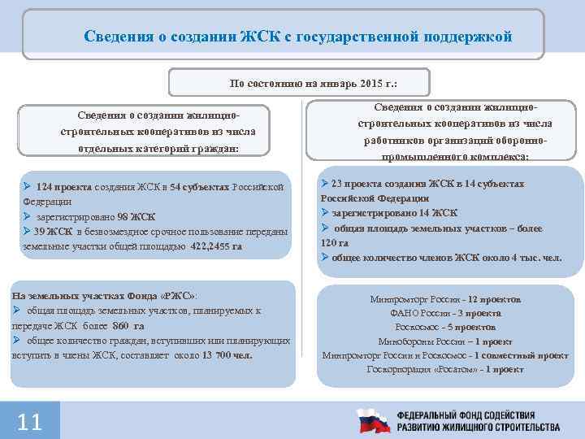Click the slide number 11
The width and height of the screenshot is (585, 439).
[x=29, y=421]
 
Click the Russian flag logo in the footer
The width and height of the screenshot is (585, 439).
[x=375, y=420]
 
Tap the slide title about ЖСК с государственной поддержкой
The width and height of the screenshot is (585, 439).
[x=299, y=37]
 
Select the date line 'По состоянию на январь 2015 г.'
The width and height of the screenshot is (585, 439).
[x=298, y=82]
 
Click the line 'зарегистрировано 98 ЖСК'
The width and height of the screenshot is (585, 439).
[x=95, y=216]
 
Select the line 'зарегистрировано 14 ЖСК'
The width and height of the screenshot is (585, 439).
[x=394, y=213]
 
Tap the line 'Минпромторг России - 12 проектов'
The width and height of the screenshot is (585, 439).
[x=444, y=299]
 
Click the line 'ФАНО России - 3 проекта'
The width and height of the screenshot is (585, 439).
[x=444, y=313]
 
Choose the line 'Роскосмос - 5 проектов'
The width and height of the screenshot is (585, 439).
[x=444, y=327]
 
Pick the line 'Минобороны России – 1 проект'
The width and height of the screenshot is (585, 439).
[x=444, y=341]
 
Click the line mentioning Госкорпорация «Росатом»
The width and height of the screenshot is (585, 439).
[x=444, y=369]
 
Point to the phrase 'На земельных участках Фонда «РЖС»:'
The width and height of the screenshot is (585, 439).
[x=104, y=296]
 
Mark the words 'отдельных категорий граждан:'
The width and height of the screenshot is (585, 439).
[x=158, y=149]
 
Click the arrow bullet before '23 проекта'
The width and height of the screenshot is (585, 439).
[x=325, y=184]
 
